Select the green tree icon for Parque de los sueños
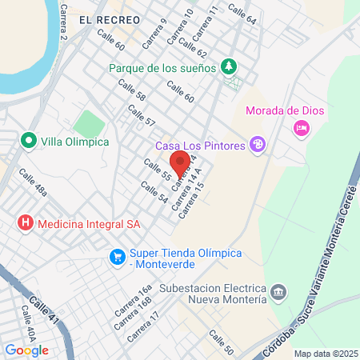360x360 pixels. (x=229, y=66)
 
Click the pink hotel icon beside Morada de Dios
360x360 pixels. (x=302, y=126)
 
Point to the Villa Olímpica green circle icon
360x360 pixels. (x=30, y=141)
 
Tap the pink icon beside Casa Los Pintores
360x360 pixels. (x=258, y=144)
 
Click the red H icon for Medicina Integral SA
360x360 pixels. (x=26, y=224)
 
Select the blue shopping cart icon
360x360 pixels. (x=118, y=257)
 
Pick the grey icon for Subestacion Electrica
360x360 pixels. (x=278, y=292)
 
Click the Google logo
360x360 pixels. (x=26, y=350)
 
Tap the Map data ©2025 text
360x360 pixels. (x=325, y=354)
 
